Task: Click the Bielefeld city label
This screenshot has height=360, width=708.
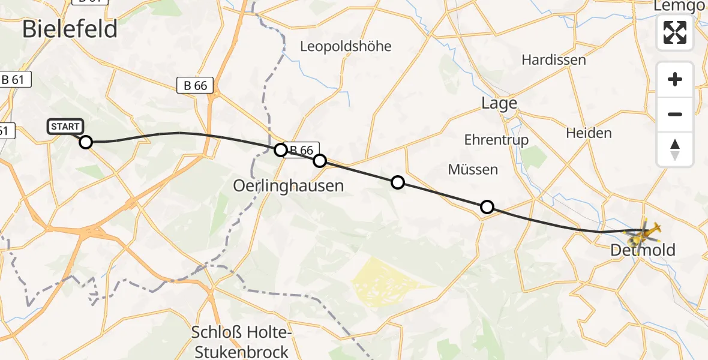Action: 70,29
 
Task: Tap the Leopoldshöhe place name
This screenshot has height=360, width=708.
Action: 346,46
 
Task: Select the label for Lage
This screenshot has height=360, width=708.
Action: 499,103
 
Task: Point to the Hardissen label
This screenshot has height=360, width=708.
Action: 553,59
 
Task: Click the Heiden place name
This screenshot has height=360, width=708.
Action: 589,133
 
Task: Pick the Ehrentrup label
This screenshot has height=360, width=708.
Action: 496,140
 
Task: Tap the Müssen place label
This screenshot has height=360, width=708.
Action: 473,170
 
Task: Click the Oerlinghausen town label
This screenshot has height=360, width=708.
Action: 289,185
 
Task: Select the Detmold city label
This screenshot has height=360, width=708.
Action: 643,250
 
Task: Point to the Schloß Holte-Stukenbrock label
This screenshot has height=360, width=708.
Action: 240,341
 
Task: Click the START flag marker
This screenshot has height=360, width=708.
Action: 65,127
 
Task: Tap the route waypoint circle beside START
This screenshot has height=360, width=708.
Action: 86,142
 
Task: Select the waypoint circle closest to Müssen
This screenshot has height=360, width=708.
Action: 487,207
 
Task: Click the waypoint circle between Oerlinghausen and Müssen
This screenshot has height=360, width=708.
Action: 397,182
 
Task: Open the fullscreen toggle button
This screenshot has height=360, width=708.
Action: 675,32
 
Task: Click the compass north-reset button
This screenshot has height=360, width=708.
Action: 675,149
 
